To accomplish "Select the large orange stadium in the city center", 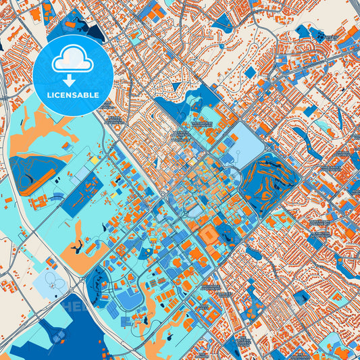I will point(209,233).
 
